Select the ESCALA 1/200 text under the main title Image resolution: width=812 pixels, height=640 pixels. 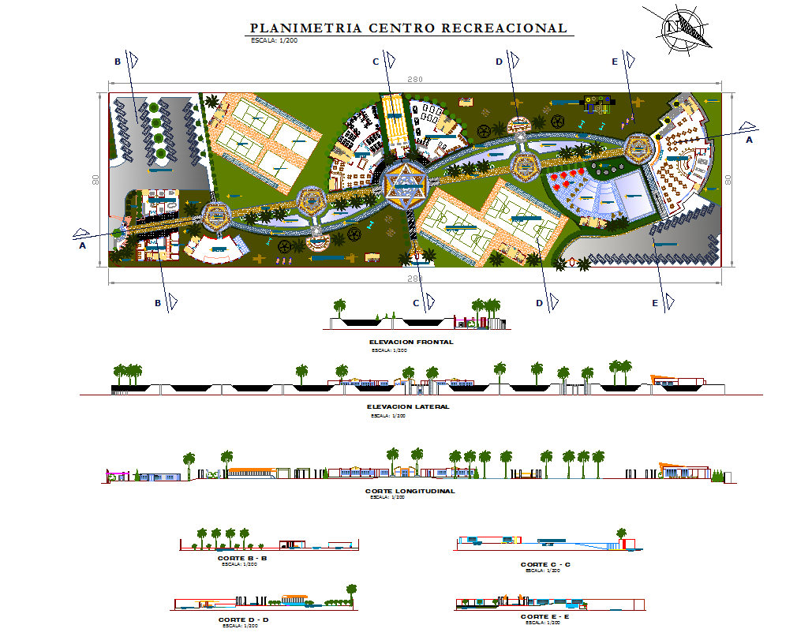[x=274, y=39]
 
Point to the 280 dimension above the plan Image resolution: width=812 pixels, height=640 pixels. [x=414, y=79]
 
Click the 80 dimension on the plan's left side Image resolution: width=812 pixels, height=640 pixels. [x=96, y=180]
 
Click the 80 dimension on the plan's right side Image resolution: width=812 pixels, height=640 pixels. [x=728, y=179]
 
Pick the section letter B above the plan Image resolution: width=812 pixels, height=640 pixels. [x=118, y=61]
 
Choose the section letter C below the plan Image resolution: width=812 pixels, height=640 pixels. [x=416, y=302]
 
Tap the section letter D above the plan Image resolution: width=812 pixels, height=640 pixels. [x=499, y=61]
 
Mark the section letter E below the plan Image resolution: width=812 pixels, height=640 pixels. [x=655, y=303]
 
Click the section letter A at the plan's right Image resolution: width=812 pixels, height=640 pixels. [x=749, y=140]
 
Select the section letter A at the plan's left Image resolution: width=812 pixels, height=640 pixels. [x=82, y=245]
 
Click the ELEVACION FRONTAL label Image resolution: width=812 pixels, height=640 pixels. [x=410, y=342]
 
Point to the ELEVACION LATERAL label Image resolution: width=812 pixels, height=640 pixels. [x=408, y=406]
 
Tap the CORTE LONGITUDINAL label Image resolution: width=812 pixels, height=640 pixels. [x=410, y=491]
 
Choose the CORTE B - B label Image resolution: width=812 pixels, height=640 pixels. [x=242, y=558]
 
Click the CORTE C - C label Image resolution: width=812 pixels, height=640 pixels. [x=545, y=564]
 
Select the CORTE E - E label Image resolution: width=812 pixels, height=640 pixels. [x=544, y=616]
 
